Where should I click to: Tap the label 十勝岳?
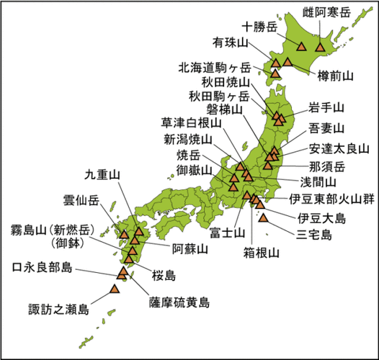click(x=261, y=27)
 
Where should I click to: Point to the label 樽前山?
click(x=336, y=75)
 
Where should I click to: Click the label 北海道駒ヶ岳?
click(x=215, y=68)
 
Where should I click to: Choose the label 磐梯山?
click(x=224, y=109)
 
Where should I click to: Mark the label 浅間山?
click(x=318, y=181)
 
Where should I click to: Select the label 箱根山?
click(x=261, y=253)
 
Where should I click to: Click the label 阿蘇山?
click(x=189, y=250)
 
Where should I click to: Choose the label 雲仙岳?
click(x=83, y=199)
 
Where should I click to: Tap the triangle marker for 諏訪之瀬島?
click(x=114, y=289)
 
